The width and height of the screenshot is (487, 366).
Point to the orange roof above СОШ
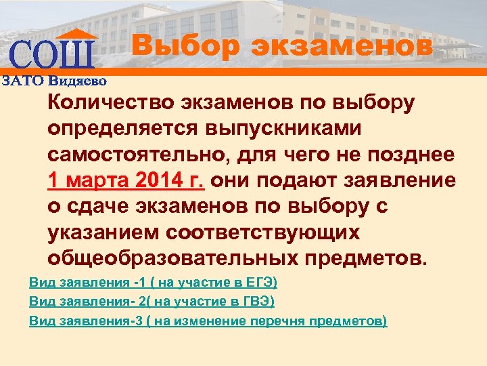point(74,35)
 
